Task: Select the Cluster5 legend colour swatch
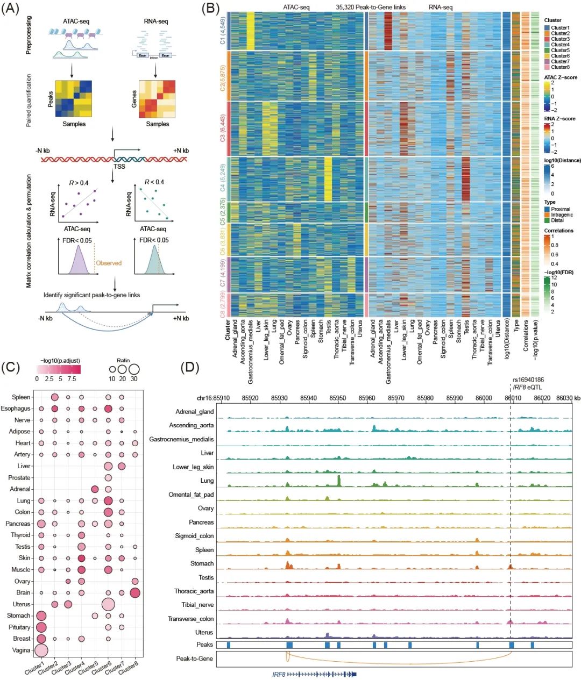point(547,50)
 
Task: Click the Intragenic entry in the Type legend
point(562,214)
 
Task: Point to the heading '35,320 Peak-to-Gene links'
point(371,7)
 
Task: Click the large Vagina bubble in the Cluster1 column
point(41,650)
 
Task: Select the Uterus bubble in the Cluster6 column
point(108,604)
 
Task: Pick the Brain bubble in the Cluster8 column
point(135,592)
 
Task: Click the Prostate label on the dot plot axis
point(19,477)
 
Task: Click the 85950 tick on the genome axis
point(338,398)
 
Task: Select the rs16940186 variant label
point(528,380)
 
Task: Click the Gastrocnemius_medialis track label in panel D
point(181,439)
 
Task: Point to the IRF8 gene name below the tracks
point(279,674)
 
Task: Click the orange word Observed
point(109,263)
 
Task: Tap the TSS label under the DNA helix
point(119,167)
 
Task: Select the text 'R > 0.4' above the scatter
point(79,183)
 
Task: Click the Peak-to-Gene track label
point(194,658)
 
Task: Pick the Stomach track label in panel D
point(202,563)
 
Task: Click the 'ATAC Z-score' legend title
point(561,77)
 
